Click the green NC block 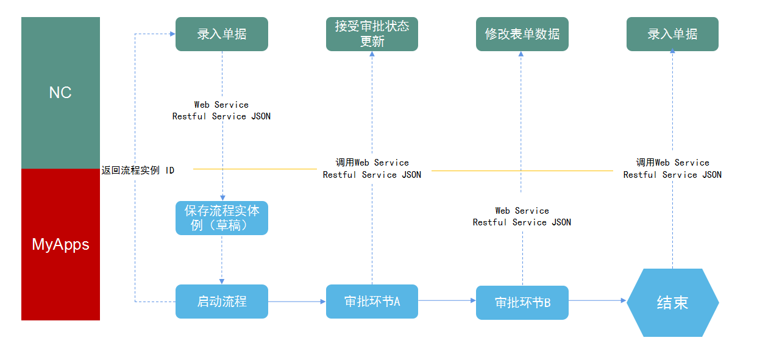[x=60, y=93]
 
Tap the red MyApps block [x=60, y=244]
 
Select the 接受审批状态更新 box [x=372, y=34]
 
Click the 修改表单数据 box [x=522, y=34]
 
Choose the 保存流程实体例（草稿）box [x=222, y=218]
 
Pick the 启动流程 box [x=222, y=302]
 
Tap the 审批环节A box [x=372, y=302]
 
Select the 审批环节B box [x=522, y=303]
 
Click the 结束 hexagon [x=672, y=303]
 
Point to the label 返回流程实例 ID [x=138, y=170]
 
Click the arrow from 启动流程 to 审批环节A [x=297, y=302]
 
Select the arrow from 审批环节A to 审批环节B [x=447, y=300]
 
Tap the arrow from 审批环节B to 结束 [x=597, y=300]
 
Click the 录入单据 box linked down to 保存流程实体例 [x=222, y=34]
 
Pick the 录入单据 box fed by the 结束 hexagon [x=672, y=34]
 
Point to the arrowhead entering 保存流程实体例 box [x=222, y=198]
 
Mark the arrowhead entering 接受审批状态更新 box [x=372, y=54]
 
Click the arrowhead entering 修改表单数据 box [x=521, y=54]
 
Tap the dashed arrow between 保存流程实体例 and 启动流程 [x=222, y=259]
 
